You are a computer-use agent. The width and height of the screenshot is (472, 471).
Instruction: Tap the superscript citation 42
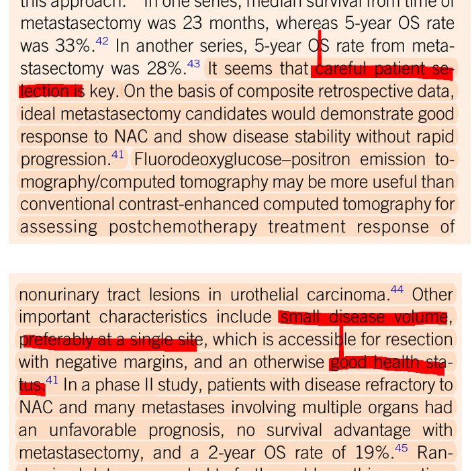coord(102,42)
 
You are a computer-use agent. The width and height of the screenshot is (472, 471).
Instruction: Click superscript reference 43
coord(193,64)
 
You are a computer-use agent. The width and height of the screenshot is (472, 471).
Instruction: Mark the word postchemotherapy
coord(183,227)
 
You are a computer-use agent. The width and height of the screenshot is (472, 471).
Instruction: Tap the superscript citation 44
coord(397,290)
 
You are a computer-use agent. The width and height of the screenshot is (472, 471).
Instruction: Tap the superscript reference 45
coord(401,448)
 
